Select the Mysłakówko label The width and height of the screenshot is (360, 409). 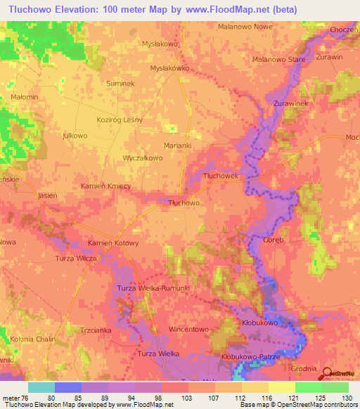pos(171,68)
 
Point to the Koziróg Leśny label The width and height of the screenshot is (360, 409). pos(120,119)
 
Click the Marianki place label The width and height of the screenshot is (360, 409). pos(177,145)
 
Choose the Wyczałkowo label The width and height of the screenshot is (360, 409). pos(143,158)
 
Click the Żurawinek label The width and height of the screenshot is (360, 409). pos(291,103)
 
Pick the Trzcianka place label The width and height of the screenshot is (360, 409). pos(96,329)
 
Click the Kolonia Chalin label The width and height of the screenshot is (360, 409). pos(33,339)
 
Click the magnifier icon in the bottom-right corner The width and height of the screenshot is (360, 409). pos(328,374)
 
